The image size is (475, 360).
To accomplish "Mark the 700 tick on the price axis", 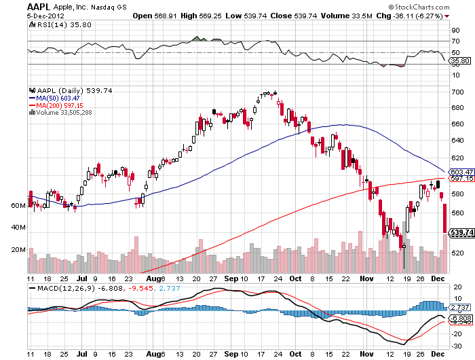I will pyautogui.click(x=457, y=92).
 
